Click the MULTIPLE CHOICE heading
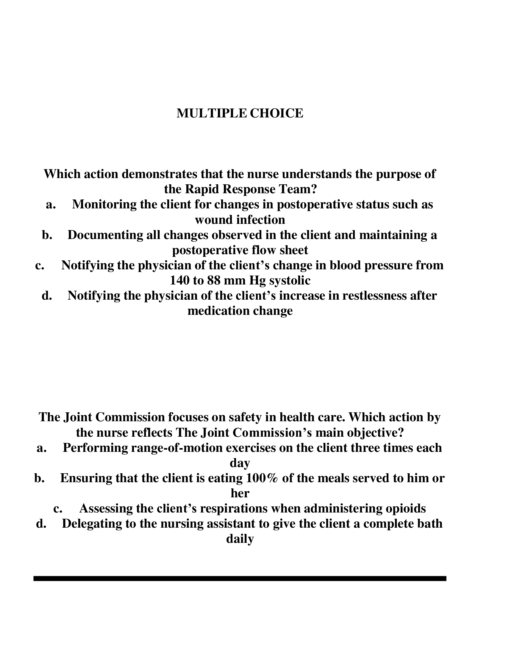[240, 113]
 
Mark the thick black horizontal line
[240, 578]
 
